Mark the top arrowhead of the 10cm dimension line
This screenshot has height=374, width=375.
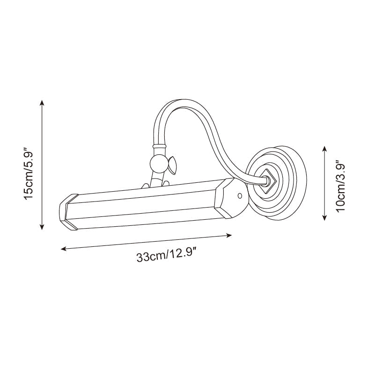[x=324, y=148]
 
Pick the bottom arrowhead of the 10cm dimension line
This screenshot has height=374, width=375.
[x=324, y=217]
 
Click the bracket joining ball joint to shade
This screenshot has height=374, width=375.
[x=158, y=181]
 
